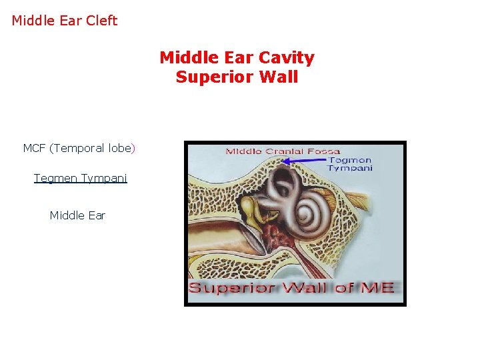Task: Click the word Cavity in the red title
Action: click(x=288, y=58)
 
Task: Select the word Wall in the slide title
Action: click(x=280, y=77)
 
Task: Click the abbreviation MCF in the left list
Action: click(x=34, y=148)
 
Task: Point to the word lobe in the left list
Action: click(x=119, y=148)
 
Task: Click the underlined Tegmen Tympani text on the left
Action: click(x=80, y=179)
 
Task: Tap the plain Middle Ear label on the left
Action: click(x=77, y=215)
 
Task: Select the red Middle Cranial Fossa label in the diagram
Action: click(x=283, y=151)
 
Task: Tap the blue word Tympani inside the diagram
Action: click(x=349, y=168)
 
